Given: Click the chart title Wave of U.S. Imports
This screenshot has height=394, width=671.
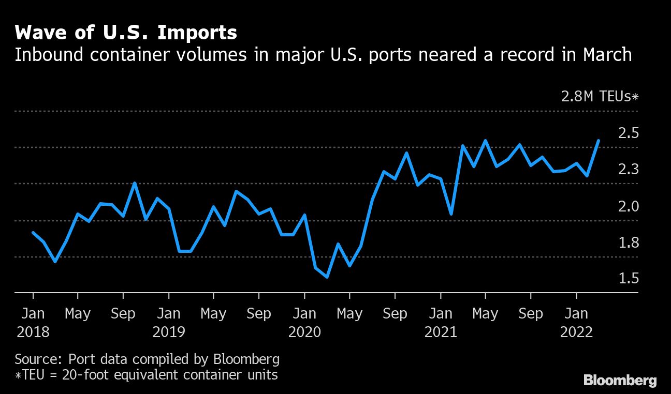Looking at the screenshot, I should coord(126,33).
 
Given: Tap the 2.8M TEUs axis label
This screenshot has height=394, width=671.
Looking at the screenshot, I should coord(600,96).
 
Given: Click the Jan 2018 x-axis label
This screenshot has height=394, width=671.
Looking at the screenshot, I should coord(33,322).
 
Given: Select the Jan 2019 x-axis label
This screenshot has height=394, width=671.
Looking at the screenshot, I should coord(169,322).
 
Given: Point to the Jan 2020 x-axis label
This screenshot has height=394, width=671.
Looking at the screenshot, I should coord(304,322).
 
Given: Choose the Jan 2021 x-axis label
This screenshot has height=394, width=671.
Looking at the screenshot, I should coord(441,322).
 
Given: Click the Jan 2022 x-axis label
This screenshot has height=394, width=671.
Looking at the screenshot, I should coord(576,322).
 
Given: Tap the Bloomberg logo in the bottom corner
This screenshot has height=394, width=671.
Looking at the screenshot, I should coord(620,381).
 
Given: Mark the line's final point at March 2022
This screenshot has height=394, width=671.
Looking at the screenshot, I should coord(599,141).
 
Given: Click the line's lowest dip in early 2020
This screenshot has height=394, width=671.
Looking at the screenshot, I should coord(327,277).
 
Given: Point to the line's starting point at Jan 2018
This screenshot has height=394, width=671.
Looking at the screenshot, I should coord(33,233).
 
